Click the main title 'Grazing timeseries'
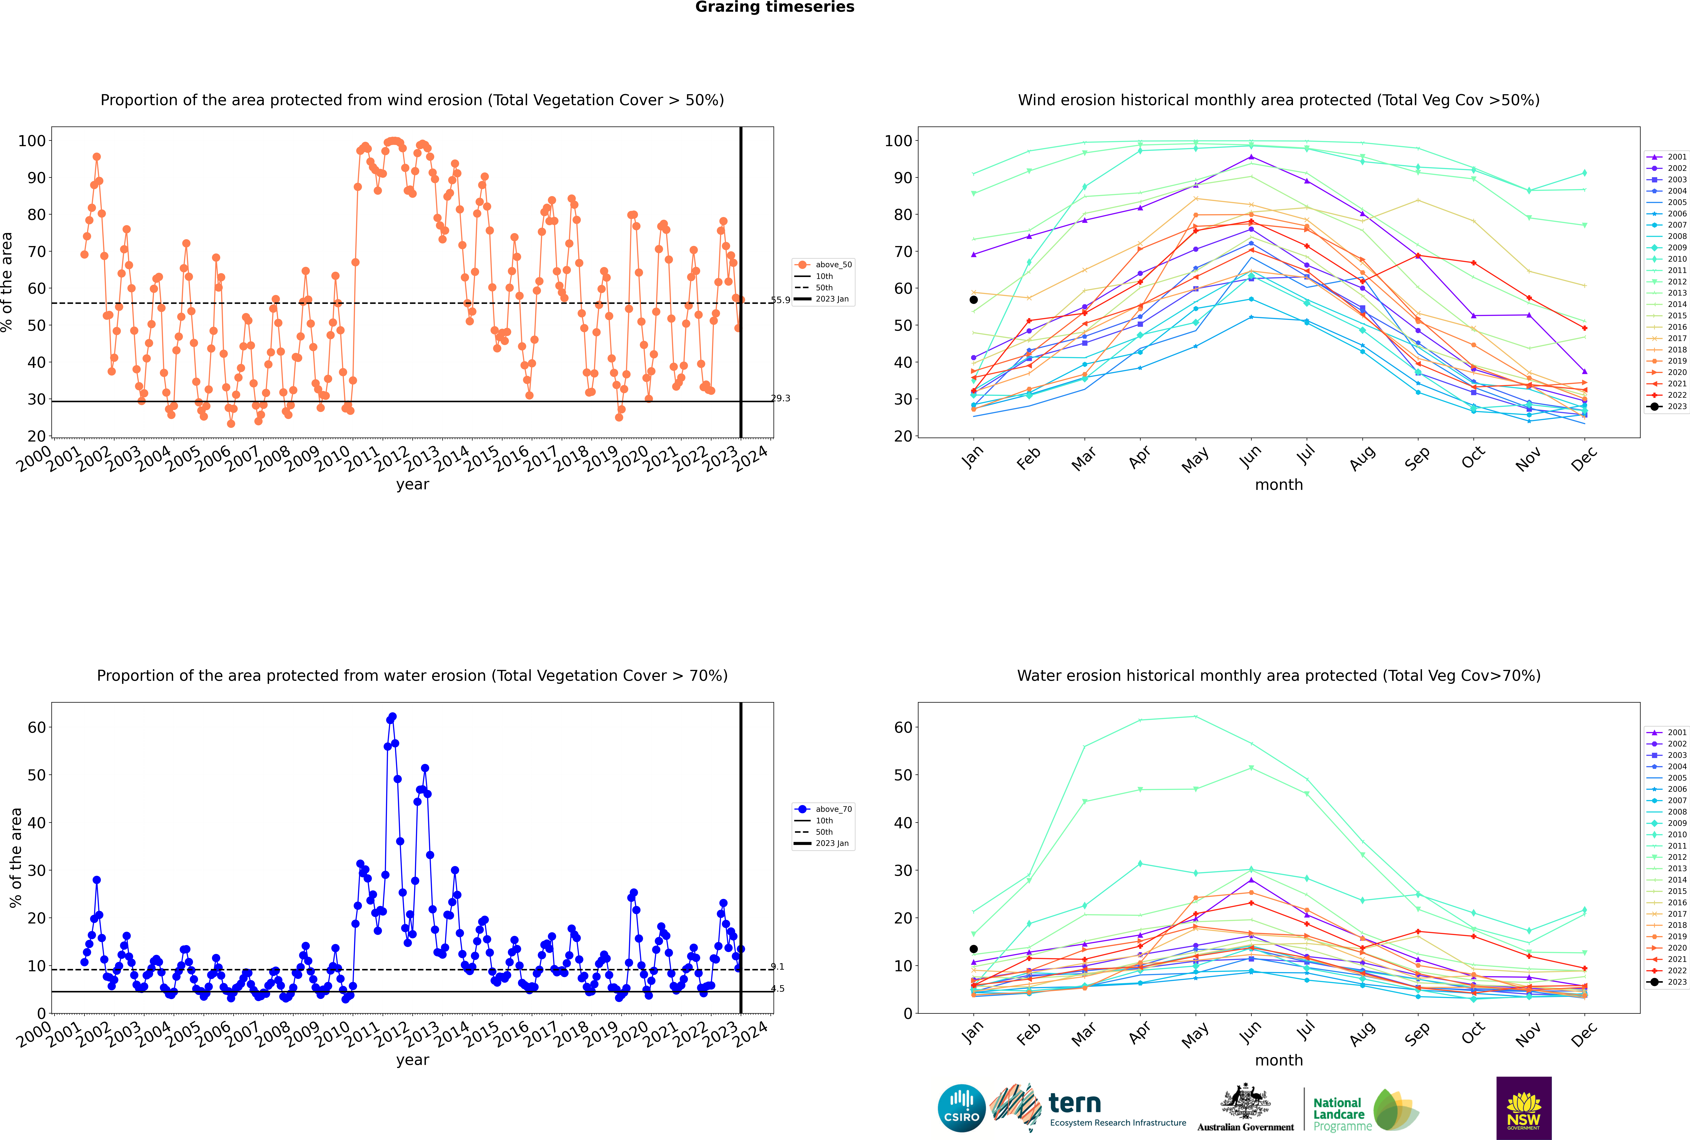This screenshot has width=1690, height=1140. click(x=775, y=7)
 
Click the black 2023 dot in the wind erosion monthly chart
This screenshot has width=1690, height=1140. click(x=974, y=300)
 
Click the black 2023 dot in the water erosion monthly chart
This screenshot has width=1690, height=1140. click(x=974, y=949)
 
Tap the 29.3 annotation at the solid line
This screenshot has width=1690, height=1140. click(x=780, y=398)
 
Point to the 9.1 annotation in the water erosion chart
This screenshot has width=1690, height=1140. click(x=777, y=967)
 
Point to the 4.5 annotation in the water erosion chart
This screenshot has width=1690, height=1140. click(x=777, y=989)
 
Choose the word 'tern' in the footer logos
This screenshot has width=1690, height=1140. click(x=1075, y=1104)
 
